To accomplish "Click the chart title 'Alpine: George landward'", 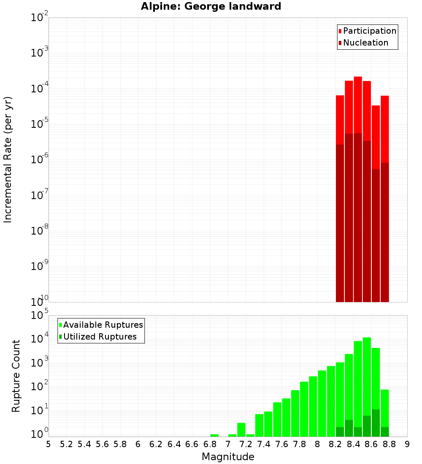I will point(211,6).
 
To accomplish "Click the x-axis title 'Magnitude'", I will point(228,457).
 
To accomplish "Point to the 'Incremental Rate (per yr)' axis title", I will point(8,159).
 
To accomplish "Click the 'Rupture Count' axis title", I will point(16,376).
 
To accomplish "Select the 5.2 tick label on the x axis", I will point(66,444).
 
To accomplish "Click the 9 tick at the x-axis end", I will point(407,444).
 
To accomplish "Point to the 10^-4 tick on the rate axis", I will point(38,89).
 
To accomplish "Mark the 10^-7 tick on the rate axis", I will point(38,195).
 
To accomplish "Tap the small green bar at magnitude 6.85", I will point(214,435).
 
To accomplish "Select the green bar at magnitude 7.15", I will point(241,429).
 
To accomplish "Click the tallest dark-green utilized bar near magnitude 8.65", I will point(376,423).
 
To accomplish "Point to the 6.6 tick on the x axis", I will point(192,444).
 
